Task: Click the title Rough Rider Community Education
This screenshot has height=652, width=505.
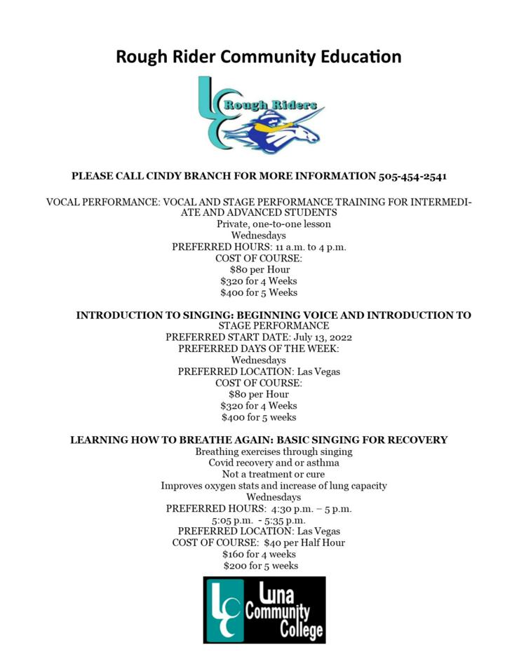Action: (258, 56)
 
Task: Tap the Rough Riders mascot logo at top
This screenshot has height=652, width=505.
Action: (261, 115)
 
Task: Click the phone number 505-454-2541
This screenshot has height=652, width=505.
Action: (412, 176)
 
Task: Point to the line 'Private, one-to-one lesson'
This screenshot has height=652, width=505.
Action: (273, 224)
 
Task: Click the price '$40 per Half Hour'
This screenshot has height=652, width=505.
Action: (304, 543)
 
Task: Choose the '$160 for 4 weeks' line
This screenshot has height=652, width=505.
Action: (259, 554)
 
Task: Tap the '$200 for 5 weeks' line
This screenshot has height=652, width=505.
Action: (260, 565)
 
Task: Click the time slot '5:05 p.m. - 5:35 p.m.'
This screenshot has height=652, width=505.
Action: (259, 520)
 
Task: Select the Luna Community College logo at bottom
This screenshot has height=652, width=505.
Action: (264, 610)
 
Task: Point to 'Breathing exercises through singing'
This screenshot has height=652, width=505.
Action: (274, 451)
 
